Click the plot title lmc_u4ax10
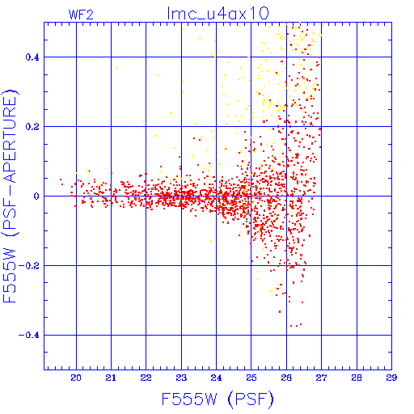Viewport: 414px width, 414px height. [218, 14]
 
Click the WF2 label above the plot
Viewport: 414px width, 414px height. [81, 15]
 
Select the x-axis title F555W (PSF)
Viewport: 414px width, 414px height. [218, 399]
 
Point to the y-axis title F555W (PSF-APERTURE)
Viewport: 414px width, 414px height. [10, 196]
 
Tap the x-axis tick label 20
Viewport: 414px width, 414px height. [76, 378]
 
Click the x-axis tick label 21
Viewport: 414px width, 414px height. [111, 378]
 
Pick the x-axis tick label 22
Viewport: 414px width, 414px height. [146, 378]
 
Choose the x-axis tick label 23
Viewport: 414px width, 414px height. [181, 378]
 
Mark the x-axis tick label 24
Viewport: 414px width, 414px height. [216, 378]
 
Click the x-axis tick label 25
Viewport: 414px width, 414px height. [251, 378]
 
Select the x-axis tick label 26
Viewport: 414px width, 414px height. [286, 378]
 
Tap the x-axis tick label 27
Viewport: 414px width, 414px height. [321, 378]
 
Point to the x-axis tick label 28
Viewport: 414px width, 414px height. [357, 378]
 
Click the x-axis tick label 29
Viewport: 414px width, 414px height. [391, 378]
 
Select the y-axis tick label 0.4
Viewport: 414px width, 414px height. [32, 57]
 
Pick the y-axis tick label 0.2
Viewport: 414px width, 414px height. [32, 127]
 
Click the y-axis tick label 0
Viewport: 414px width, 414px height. [36, 196]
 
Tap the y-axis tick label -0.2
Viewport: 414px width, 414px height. [29, 266]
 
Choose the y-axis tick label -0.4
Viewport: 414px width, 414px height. [29, 336]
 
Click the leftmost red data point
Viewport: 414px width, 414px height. [61, 180]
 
